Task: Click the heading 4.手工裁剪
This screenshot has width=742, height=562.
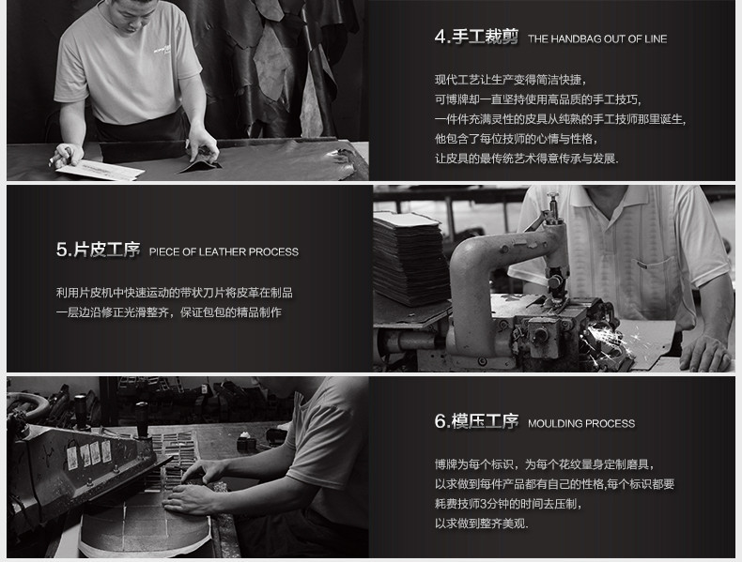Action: pos(476,37)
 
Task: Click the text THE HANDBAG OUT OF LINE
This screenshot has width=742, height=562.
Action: pos(597,38)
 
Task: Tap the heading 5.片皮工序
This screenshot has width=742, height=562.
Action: pos(98,250)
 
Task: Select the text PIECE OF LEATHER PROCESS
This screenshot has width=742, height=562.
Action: pos(224,252)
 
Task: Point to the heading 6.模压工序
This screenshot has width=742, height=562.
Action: pos(476,421)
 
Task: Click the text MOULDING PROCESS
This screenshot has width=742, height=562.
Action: pos(581,423)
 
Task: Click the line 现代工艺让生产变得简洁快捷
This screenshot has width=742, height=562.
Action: pos(511,80)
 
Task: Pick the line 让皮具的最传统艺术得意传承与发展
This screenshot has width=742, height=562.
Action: pos(526,158)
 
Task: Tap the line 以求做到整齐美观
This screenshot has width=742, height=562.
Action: pos(481,524)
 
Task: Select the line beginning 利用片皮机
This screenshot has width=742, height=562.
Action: pos(174,293)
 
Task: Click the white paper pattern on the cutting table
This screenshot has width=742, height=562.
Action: pos(100,169)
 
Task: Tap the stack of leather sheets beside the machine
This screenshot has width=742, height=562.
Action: pos(410,258)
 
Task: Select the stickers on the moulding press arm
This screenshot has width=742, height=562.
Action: pos(89,454)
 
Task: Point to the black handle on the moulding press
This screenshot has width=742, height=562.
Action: pos(142,418)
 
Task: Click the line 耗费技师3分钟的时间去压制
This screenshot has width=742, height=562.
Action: pos(508,504)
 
